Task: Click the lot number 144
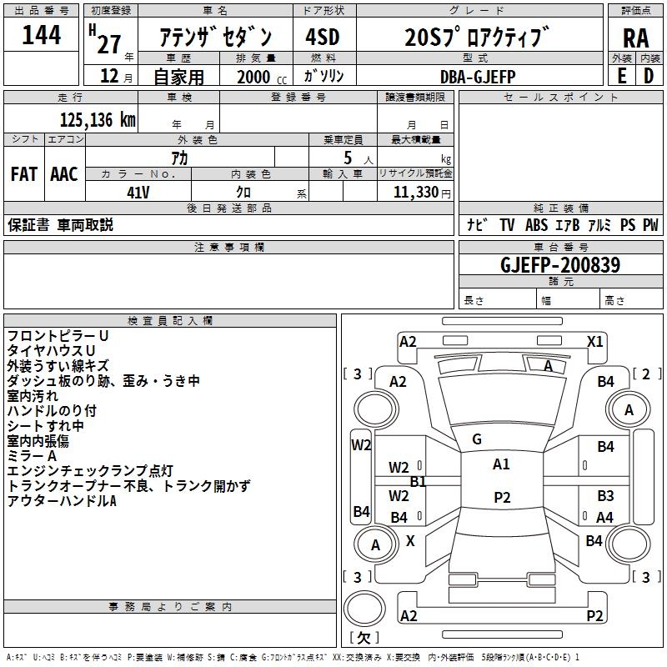tap(41, 35)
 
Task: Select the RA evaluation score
tap(635, 38)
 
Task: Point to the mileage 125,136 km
tap(98, 119)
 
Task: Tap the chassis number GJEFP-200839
tap(560, 265)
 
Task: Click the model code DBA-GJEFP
tap(478, 77)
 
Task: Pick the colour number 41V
tap(138, 191)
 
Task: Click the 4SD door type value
tap(323, 37)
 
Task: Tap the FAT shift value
tap(23, 174)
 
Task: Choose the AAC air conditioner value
tap(64, 174)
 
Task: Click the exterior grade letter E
tap(621, 76)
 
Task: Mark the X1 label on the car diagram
tap(595, 341)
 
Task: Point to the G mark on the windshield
tap(477, 439)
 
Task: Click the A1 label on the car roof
tap(501, 464)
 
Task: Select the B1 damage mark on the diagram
tap(418, 481)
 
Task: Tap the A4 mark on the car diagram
tap(604, 518)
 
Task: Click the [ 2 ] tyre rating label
tap(644, 373)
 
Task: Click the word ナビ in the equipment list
tap(476, 224)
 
